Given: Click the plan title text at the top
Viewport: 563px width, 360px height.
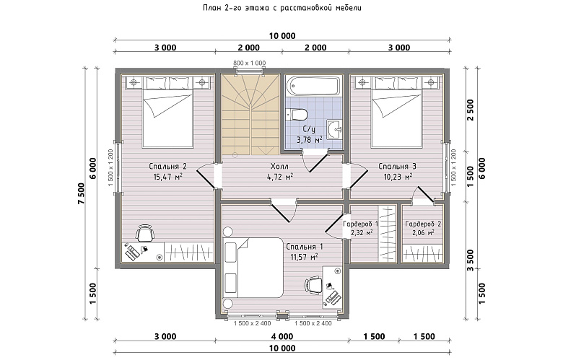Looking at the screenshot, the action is (281, 8).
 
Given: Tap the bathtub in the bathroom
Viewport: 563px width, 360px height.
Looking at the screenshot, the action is (313, 87).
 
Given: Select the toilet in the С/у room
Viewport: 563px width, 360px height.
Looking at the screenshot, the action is (297, 115).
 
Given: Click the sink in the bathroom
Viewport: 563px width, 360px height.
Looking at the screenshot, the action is (334, 129).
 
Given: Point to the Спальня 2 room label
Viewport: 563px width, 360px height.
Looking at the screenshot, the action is (167, 166).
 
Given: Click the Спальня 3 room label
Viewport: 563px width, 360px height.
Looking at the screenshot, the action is (397, 166).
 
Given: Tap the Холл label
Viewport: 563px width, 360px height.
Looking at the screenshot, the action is (279, 166).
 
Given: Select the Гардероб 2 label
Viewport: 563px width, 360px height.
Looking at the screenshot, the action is (423, 224).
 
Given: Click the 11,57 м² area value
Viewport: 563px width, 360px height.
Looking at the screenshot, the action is (304, 257).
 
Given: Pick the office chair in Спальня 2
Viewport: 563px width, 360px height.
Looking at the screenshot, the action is (144, 233).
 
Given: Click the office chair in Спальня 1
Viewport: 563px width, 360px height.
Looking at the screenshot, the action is (313, 286).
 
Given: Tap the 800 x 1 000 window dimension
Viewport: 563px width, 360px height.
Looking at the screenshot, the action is (250, 63).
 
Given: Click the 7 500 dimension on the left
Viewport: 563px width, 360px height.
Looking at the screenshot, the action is (81, 193).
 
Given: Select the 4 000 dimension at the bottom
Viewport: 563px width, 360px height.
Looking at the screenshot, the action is (282, 336).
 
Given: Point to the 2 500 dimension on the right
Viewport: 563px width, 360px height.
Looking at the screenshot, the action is (471, 110).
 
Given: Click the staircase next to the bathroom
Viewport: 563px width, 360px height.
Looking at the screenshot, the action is (250, 115).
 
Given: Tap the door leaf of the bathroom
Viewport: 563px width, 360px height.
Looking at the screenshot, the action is (319, 162).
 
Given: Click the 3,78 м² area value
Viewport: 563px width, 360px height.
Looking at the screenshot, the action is (310, 140).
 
